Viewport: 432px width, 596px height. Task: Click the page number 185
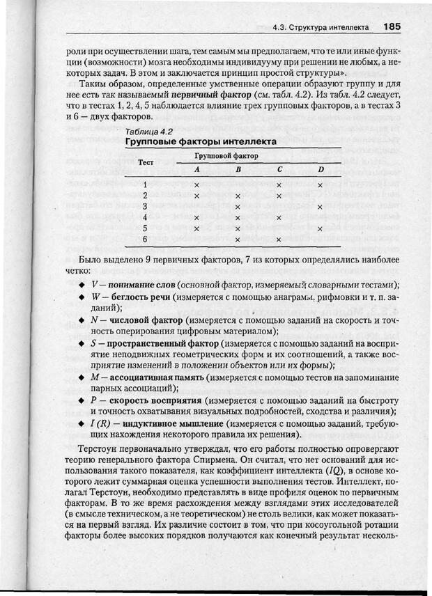coord(391,27)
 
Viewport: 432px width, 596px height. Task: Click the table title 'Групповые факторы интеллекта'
coord(201,141)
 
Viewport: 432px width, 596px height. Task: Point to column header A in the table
coord(196,170)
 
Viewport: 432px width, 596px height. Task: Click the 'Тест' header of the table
coord(146,162)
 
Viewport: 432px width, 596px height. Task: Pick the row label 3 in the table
coord(145,206)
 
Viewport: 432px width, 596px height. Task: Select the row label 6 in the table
coord(145,239)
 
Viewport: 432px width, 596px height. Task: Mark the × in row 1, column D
coord(320,185)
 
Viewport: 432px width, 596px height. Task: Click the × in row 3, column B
coord(238,207)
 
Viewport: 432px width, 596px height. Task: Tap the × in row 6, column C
coord(279,240)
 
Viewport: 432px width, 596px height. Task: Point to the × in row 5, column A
coord(196,228)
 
